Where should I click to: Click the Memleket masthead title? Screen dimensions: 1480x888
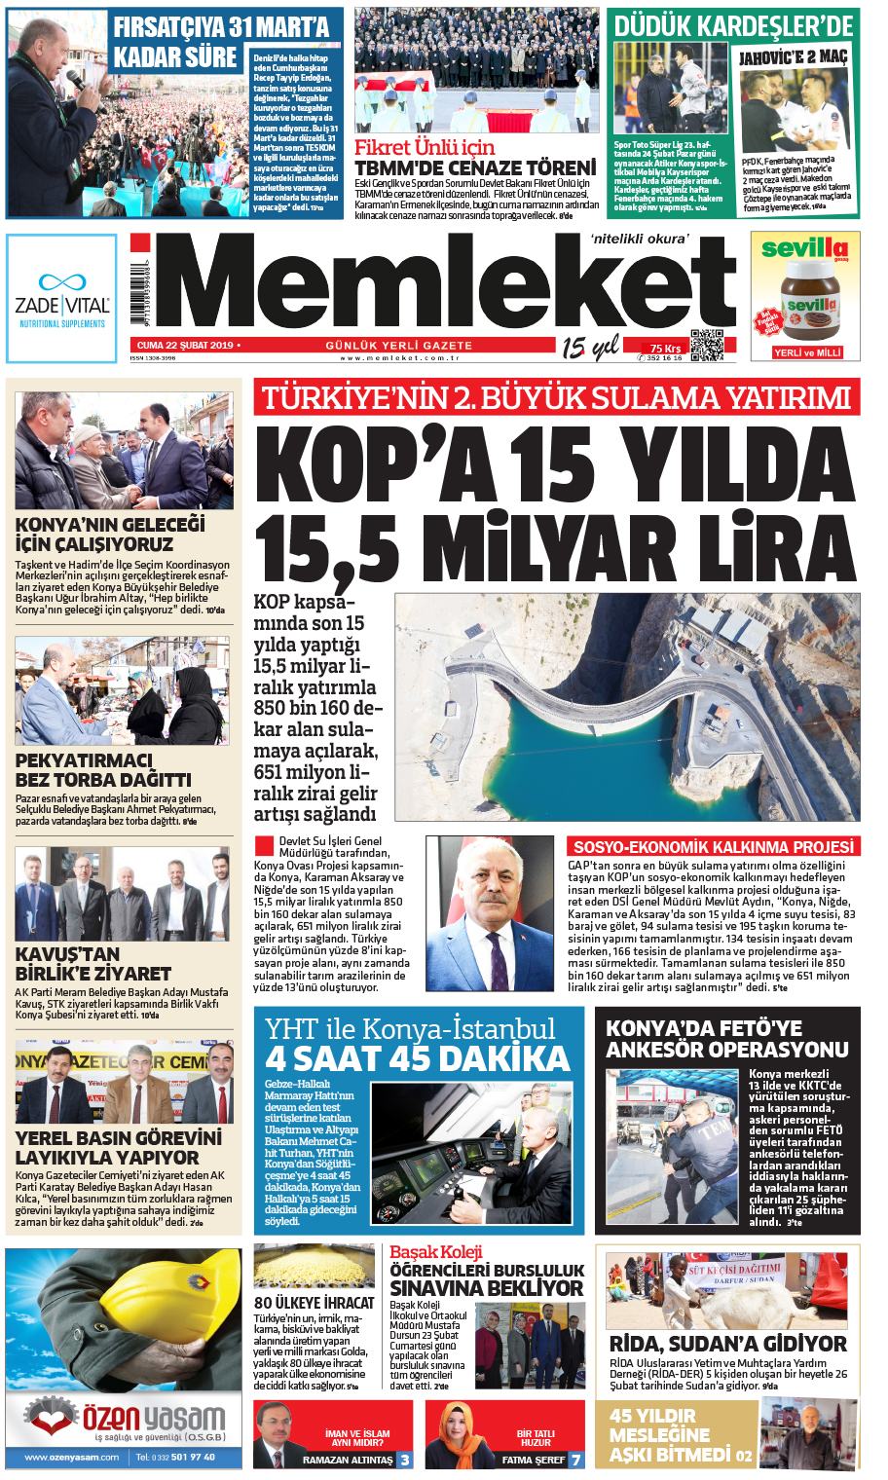443,284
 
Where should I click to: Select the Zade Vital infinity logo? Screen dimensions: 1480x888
61,281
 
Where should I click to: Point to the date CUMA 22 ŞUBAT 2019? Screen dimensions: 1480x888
185,346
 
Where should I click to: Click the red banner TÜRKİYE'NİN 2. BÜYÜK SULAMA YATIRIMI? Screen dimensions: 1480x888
556,397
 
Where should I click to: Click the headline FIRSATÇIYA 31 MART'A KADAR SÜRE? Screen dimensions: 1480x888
221,43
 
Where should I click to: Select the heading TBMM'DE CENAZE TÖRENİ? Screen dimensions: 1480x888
474,168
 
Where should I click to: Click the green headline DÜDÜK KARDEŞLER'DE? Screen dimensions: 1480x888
733,25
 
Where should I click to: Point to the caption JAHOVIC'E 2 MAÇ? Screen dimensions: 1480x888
793,57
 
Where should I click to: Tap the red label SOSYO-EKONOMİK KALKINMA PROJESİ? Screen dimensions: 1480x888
713,847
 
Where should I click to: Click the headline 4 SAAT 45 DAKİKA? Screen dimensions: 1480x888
418,1058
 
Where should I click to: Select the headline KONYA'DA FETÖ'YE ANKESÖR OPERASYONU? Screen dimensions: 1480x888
726,1039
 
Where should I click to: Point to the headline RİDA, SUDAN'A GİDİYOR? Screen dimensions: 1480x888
727,1344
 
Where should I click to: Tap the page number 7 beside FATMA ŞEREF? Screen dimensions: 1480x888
575,1460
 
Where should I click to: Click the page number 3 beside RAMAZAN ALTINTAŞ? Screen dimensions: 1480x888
405,1460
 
